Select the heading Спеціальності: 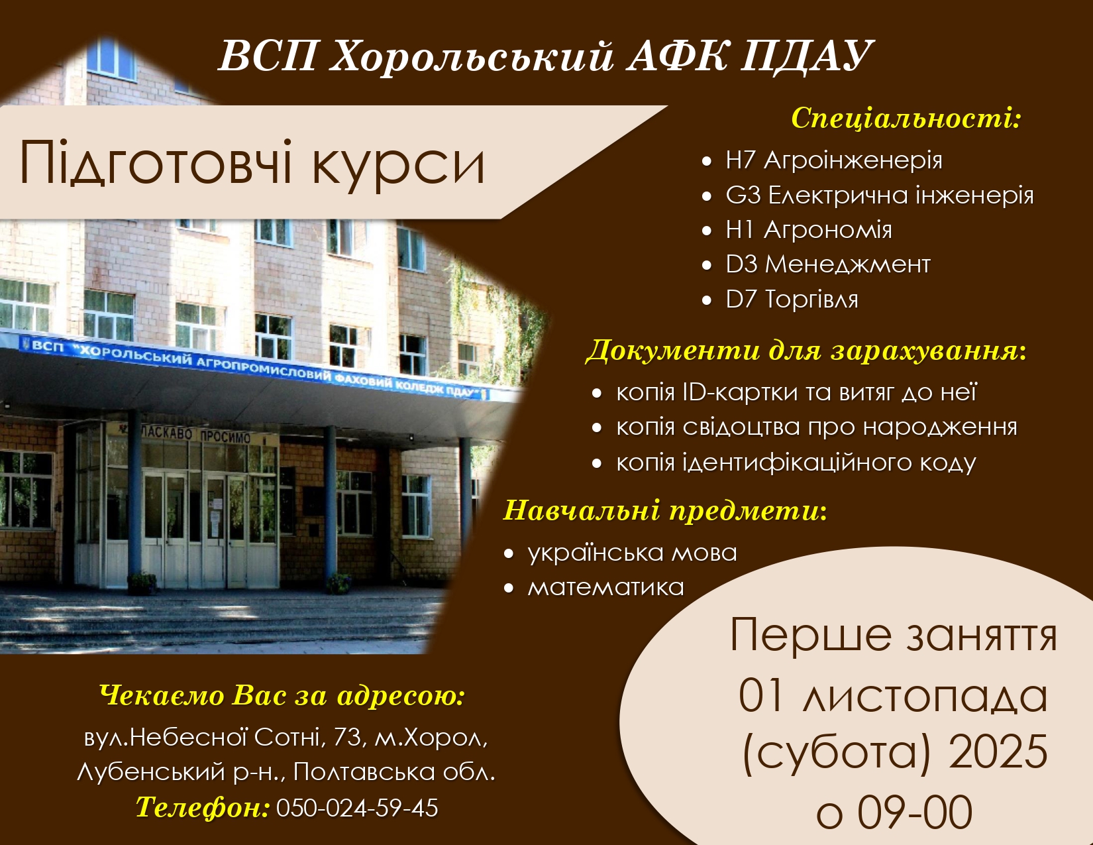[x=906, y=119]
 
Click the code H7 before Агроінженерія [x=741, y=160]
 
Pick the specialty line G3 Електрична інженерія [x=880, y=196]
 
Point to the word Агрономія [x=828, y=230]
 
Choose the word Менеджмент [x=847, y=264]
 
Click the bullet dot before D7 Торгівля [x=707, y=300]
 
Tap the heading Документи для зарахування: [x=806, y=351]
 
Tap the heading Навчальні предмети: [x=665, y=511]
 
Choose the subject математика [x=606, y=588]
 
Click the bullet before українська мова [x=509, y=554]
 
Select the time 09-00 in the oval [x=915, y=813]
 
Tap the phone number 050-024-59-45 [x=357, y=809]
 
